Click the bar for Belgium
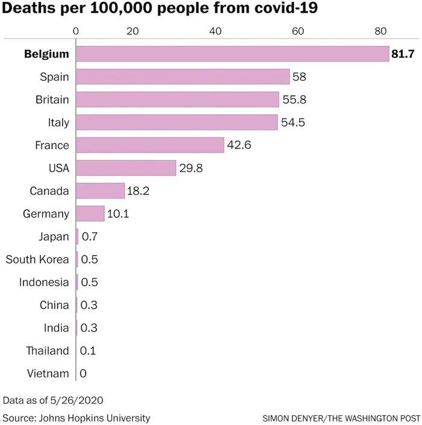pyautogui.click(x=232, y=54)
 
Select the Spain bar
pyautogui.click(x=183, y=77)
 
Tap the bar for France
pyautogui.click(x=150, y=145)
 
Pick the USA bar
pyautogui.click(x=125, y=168)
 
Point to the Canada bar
pyautogui.click(x=100, y=191)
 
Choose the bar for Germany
pyautogui.click(x=90, y=214)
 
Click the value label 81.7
pyautogui.click(x=403, y=54)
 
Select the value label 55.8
pyautogui.click(x=293, y=99)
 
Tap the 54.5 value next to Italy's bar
pyautogui.click(x=293, y=122)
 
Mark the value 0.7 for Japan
pyautogui.click(x=89, y=237)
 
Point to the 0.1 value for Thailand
pyautogui.click(x=88, y=351)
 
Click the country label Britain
pyautogui.click(x=52, y=99)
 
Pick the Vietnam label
pyautogui.click(x=48, y=374)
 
